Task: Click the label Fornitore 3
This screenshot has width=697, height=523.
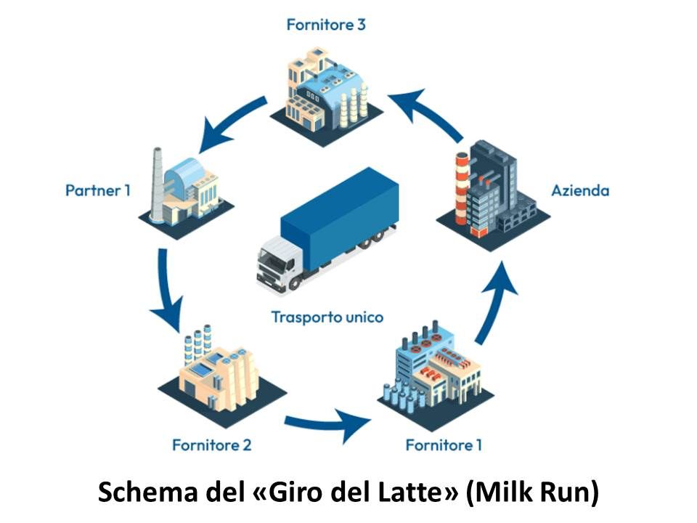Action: (x=326, y=25)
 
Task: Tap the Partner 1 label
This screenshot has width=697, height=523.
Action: (x=98, y=190)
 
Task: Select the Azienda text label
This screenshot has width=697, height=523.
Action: (x=580, y=191)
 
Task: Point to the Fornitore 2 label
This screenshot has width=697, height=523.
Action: (x=211, y=445)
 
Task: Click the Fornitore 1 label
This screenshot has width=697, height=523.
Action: (x=444, y=445)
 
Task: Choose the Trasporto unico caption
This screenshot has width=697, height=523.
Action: (x=327, y=317)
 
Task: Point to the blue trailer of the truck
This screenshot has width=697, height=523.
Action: (x=340, y=218)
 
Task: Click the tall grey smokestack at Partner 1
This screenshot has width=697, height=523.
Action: (x=156, y=184)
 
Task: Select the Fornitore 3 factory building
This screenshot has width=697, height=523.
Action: (x=327, y=96)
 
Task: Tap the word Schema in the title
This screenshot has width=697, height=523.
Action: (x=148, y=492)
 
